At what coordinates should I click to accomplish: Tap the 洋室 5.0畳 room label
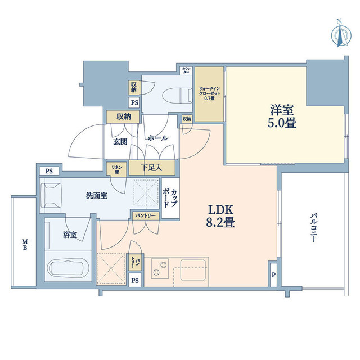coord(281,115)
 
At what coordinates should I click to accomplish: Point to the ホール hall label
coord(156,138)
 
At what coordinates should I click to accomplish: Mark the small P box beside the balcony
coord(273,275)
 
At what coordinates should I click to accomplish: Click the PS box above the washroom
coord(49,171)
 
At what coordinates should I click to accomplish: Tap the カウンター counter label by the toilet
coord(186,70)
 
